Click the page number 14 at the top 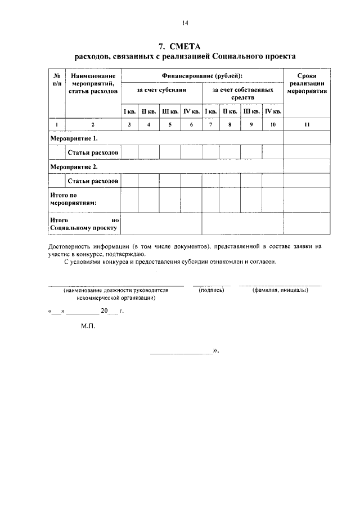tap(184, 22)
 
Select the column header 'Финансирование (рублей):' tap(202, 75)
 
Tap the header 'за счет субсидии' tap(161, 89)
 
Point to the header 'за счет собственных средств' tap(242, 93)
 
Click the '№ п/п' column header tap(57, 79)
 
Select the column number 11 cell tap(307, 124)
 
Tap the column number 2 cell tap(93, 124)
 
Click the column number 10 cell tap(272, 124)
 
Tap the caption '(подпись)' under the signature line tap(211, 290)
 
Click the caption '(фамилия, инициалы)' tap(280, 290)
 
